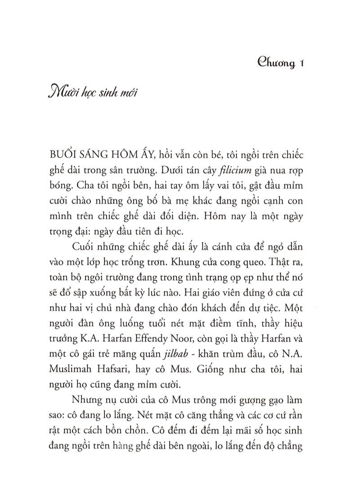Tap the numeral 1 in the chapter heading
coord(302,63)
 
